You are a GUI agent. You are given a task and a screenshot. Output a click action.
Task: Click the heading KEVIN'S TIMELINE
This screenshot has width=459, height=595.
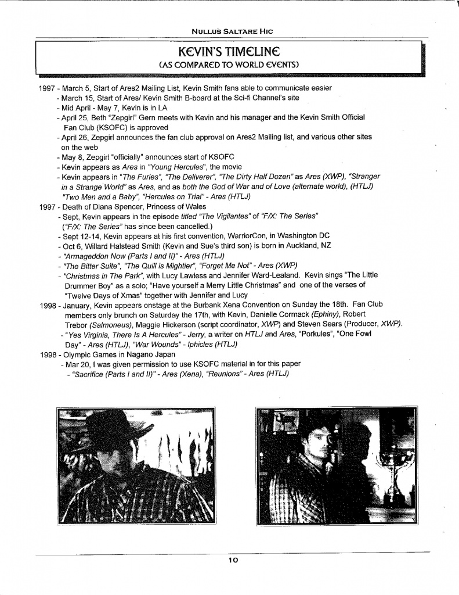click(230, 51)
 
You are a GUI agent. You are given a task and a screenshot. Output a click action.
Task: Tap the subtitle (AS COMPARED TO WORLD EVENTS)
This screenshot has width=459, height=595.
click(230, 64)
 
